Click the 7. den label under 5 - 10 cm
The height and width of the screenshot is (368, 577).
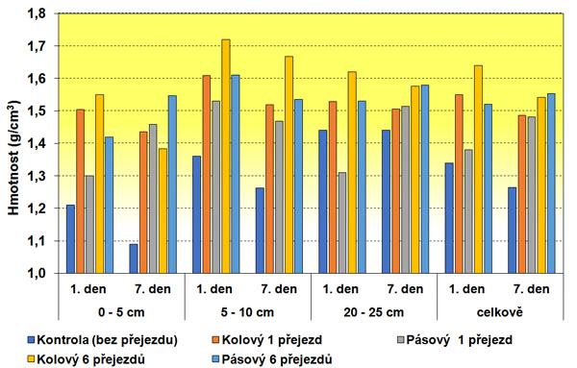pyautogui.click(x=279, y=288)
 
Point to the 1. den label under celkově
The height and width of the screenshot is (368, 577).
pyautogui.click(x=468, y=288)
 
